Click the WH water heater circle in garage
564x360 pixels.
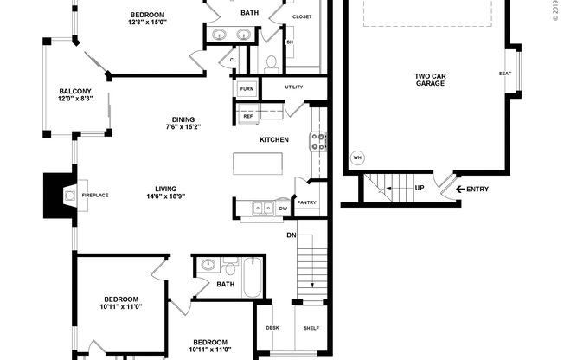[357, 158]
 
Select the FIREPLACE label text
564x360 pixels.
[95, 196]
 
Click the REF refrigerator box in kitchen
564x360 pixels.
[236, 116]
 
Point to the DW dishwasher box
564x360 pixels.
[283, 209]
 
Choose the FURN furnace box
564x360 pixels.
[246, 89]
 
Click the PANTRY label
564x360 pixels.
[306, 203]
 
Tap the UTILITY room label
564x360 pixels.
[293, 87]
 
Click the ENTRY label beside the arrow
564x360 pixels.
[477, 190]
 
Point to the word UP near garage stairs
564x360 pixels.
[420, 188]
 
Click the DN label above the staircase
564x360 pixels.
[292, 235]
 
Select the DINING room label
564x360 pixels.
[183, 120]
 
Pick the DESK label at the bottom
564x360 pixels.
[273, 328]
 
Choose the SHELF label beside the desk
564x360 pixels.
[311, 328]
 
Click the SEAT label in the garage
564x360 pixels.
[504, 74]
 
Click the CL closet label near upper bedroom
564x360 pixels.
[232, 60]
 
